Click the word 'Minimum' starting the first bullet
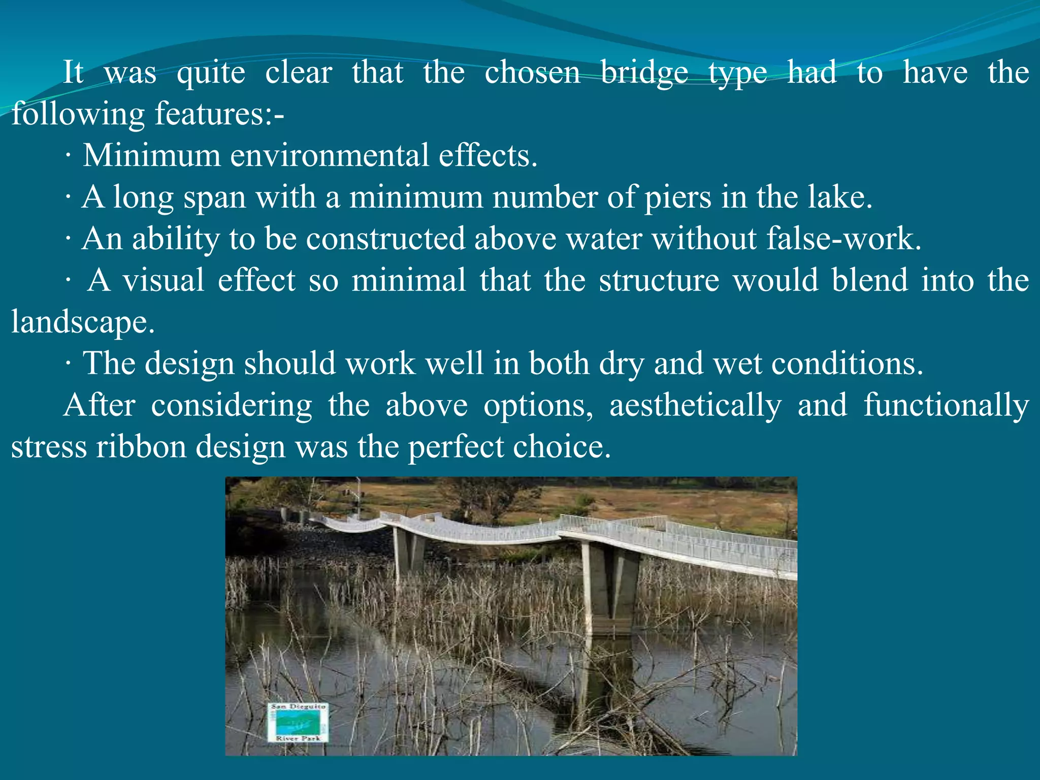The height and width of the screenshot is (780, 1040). coord(151,155)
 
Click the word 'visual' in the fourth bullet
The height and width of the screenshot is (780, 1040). coord(163,280)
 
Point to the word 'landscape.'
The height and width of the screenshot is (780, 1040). coord(83,323)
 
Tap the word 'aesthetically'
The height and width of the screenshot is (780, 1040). coord(695,406)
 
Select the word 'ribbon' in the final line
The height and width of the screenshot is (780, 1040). coord(141,447)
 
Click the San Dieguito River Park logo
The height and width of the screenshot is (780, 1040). coord(298,723)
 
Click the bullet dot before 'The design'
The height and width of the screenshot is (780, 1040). coord(68,365)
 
